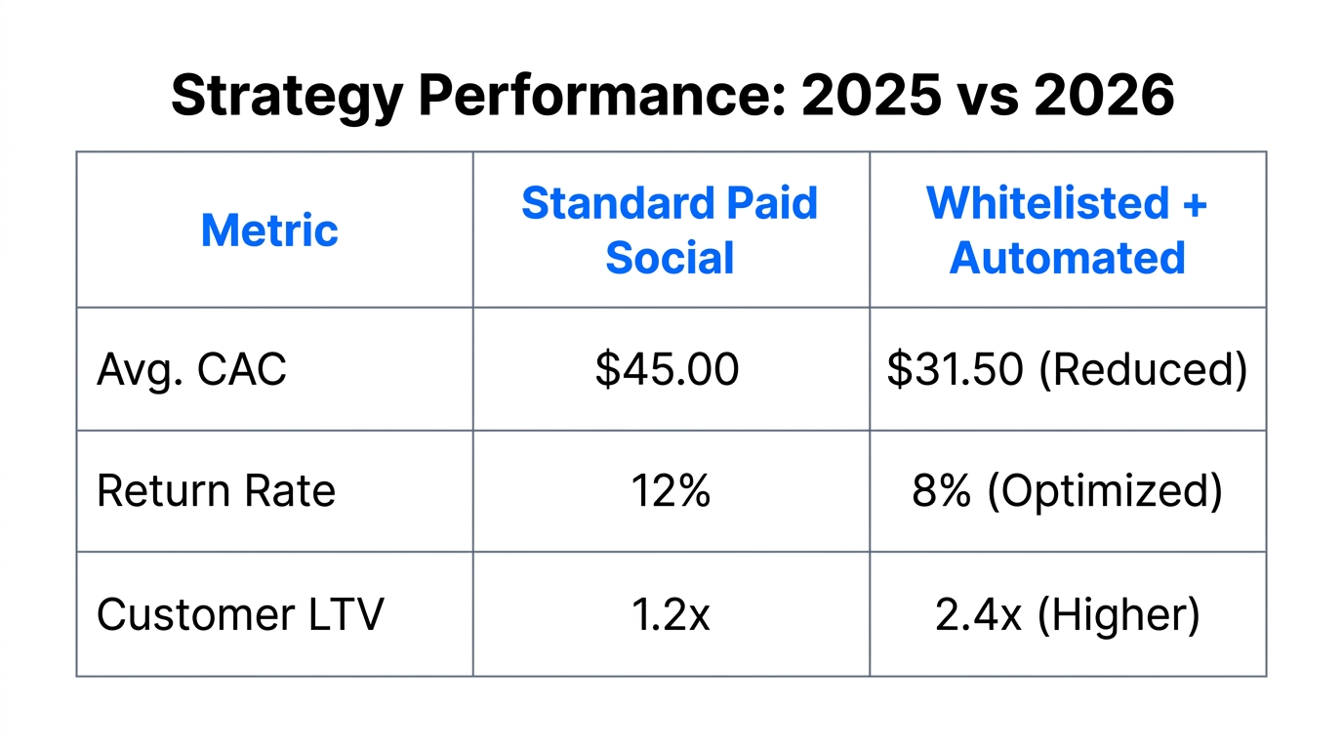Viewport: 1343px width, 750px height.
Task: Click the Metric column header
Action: (x=269, y=230)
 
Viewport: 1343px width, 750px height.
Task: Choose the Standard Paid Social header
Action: (x=670, y=230)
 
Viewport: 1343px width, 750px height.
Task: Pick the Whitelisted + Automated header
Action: (x=1067, y=230)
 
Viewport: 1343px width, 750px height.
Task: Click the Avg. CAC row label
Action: (x=191, y=370)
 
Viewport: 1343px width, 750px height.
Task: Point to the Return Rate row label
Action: (x=216, y=491)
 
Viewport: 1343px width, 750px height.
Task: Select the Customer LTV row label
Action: (x=240, y=614)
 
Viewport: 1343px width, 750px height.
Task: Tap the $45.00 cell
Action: (x=668, y=370)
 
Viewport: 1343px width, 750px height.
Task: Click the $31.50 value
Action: (x=955, y=370)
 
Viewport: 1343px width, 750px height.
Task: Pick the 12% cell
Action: (x=670, y=491)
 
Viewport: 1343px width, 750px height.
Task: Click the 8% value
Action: (x=942, y=491)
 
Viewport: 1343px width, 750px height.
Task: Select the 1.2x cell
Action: (x=670, y=614)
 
